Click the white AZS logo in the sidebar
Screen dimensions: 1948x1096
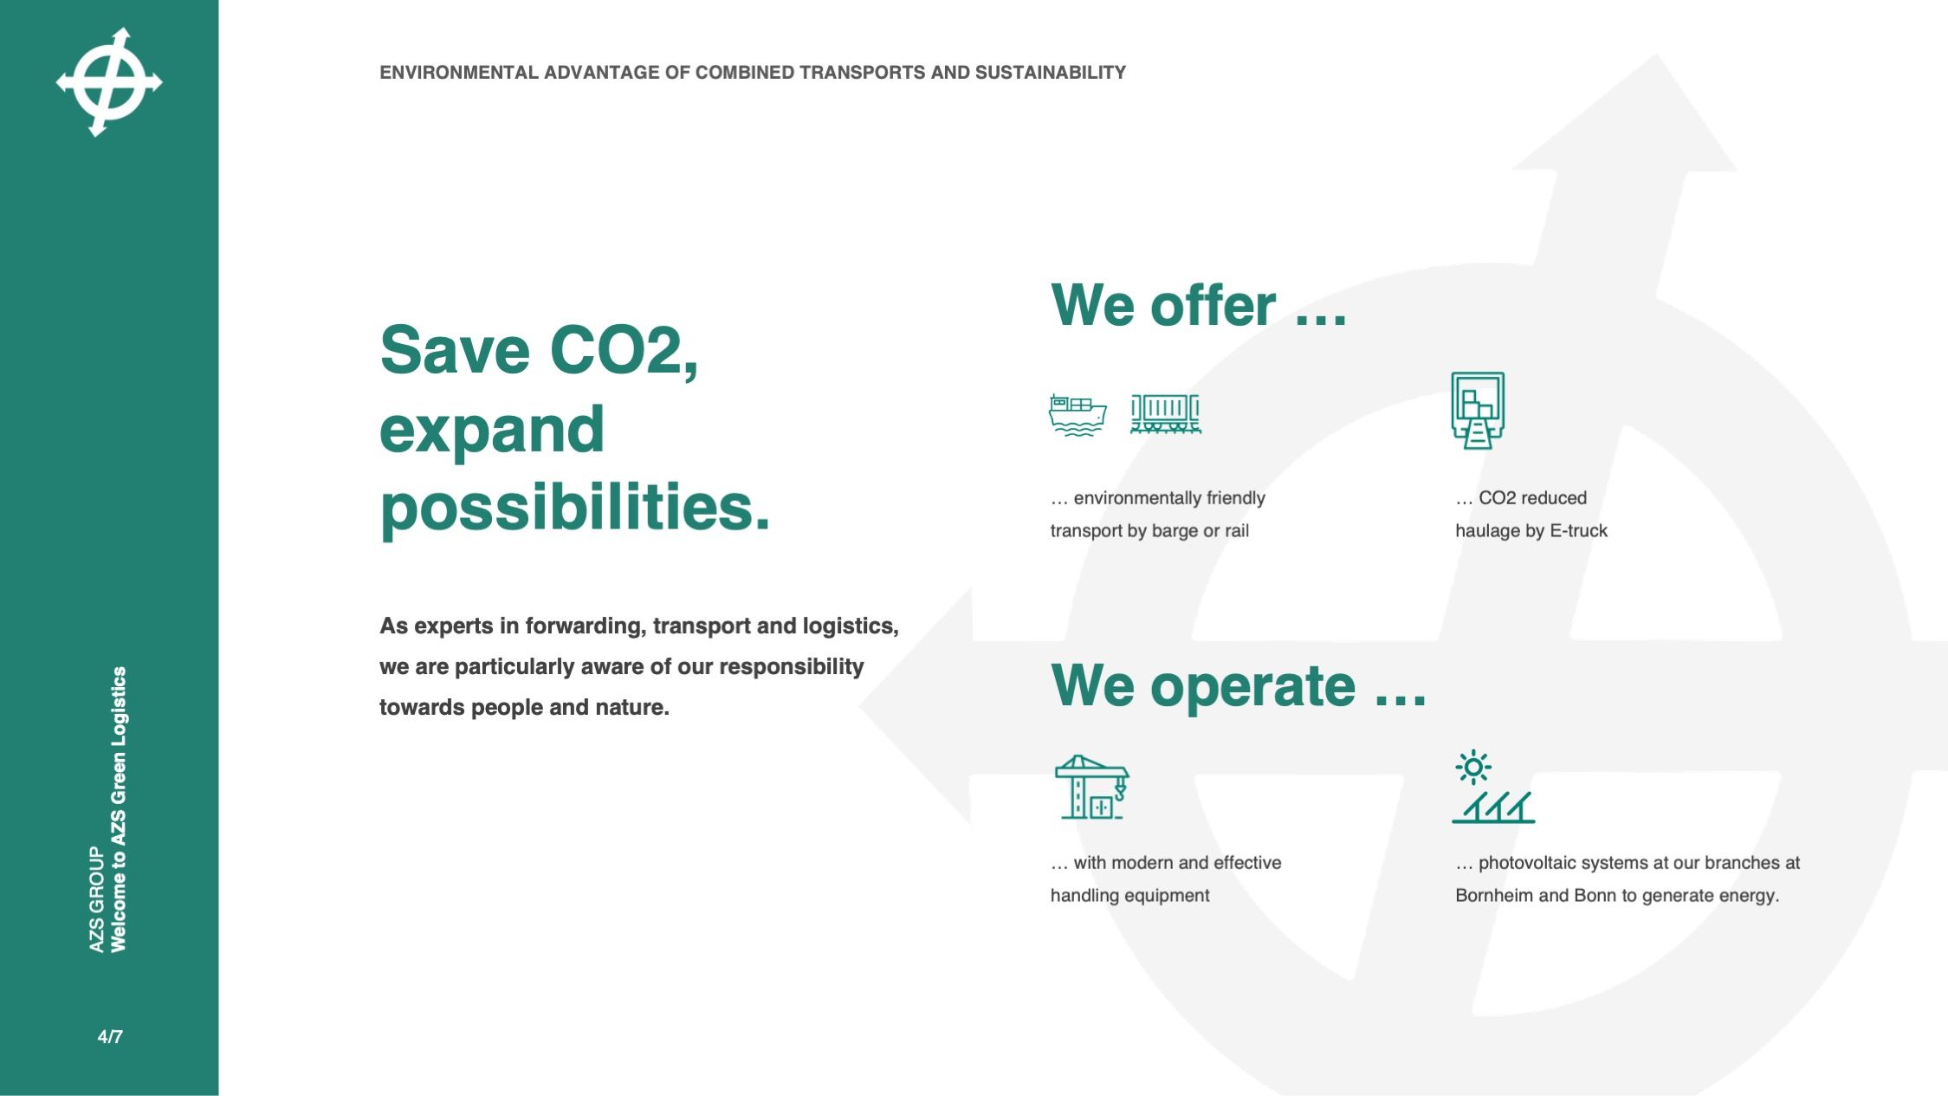click(x=109, y=82)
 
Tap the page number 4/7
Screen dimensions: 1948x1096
click(x=110, y=1036)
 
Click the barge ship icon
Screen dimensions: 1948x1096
click(x=1078, y=415)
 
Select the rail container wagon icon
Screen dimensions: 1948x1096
click(x=1166, y=414)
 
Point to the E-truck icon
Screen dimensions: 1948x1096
click(x=1478, y=411)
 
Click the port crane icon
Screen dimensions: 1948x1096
click(x=1091, y=787)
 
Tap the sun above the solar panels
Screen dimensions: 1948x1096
click(x=1473, y=768)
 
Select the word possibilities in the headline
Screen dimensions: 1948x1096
click(x=574, y=508)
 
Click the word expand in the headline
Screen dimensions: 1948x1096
click(x=492, y=430)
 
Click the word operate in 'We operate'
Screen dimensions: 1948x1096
click(x=1252, y=687)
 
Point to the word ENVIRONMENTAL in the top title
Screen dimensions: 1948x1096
click(x=459, y=73)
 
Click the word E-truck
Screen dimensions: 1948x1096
click(x=1578, y=531)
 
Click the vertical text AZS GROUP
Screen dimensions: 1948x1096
click(x=96, y=899)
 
